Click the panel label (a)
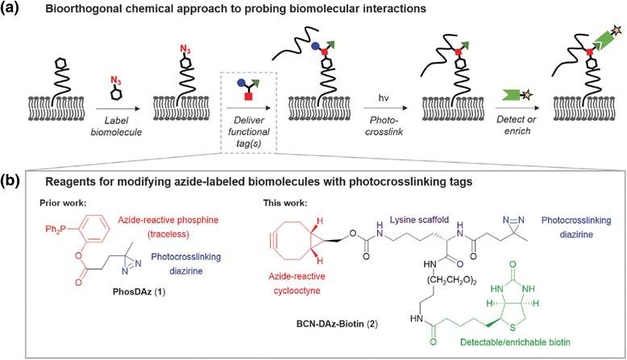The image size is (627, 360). (x=15, y=10)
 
